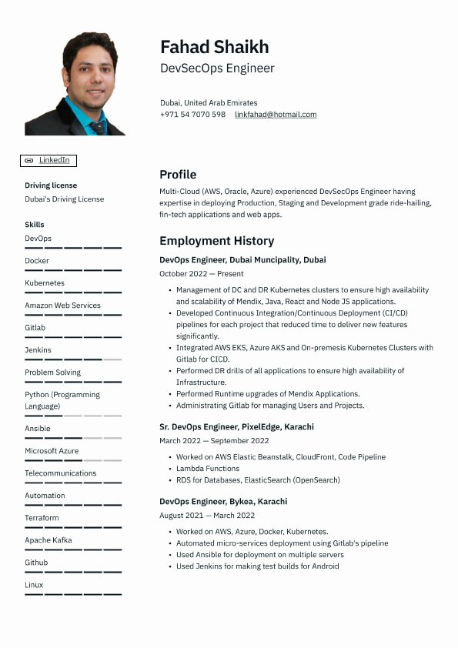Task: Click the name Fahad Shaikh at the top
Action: tap(214, 47)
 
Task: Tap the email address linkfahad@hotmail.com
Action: tap(276, 115)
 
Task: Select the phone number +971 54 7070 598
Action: tap(192, 115)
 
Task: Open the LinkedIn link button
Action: tap(48, 160)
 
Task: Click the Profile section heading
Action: tap(178, 175)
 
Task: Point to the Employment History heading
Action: tap(216, 241)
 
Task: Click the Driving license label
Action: tap(51, 185)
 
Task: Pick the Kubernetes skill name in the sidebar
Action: tap(45, 283)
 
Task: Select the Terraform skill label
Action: tap(42, 518)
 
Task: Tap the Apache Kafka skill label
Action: tap(48, 540)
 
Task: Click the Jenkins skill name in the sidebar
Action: tap(38, 350)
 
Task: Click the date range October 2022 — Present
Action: tap(201, 274)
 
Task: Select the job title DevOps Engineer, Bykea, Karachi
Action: tap(223, 502)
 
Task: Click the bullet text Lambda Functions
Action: tap(208, 469)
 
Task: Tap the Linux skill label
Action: tap(34, 585)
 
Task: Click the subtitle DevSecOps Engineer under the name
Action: tap(217, 68)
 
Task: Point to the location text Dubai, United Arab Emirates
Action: tap(209, 103)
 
